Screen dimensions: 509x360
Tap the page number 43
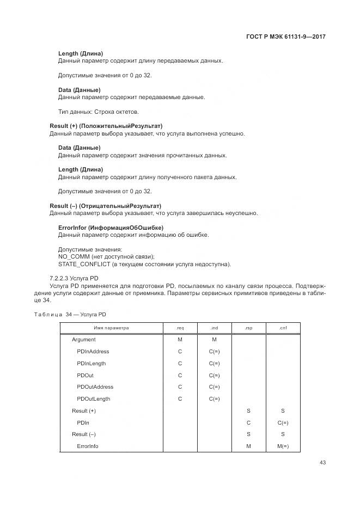point(324,463)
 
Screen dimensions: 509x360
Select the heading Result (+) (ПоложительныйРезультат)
point(106,126)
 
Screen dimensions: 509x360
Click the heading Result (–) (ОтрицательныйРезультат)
point(105,206)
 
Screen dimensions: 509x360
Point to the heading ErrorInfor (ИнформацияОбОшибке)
point(111,228)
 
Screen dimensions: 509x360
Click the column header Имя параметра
point(111,328)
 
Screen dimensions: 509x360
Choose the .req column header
point(180,328)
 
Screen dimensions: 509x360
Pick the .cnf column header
point(283,328)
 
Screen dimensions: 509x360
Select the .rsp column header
point(248,328)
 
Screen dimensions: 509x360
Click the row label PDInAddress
point(93,352)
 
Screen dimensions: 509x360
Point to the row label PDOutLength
point(94,399)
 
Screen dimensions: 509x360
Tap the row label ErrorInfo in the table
point(88,446)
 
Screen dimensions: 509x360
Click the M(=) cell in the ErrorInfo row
point(283,446)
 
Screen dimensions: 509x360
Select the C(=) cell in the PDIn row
point(283,422)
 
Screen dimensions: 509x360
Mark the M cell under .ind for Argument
point(214,340)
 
